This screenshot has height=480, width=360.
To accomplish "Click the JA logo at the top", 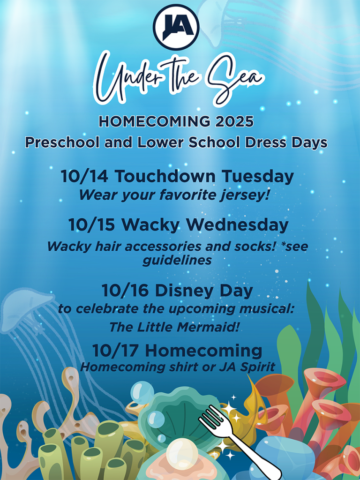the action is pyautogui.click(x=176, y=27).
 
